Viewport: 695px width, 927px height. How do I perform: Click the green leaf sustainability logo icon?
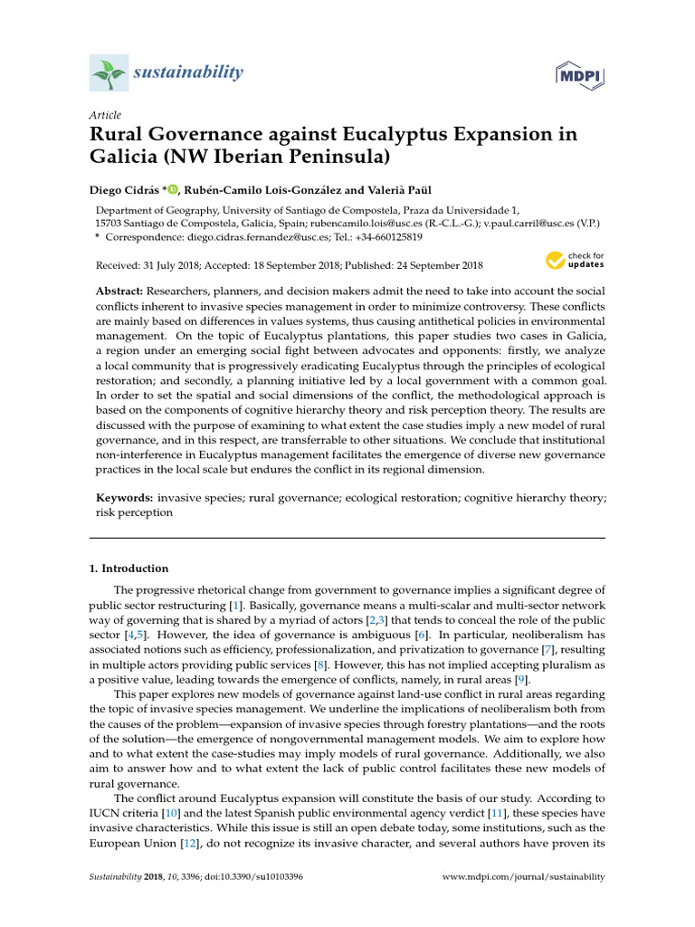click(109, 72)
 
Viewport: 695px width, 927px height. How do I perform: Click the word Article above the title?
click(104, 115)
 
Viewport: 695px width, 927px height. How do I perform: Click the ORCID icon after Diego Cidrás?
click(173, 189)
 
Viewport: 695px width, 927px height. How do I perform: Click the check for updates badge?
click(575, 261)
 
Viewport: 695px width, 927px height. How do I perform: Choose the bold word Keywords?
click(125, 498)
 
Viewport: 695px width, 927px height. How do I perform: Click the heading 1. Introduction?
click(129, 569)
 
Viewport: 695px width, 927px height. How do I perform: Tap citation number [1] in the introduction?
click(235, 603)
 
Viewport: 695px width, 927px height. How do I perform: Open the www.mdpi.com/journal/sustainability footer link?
click(523, 877)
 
